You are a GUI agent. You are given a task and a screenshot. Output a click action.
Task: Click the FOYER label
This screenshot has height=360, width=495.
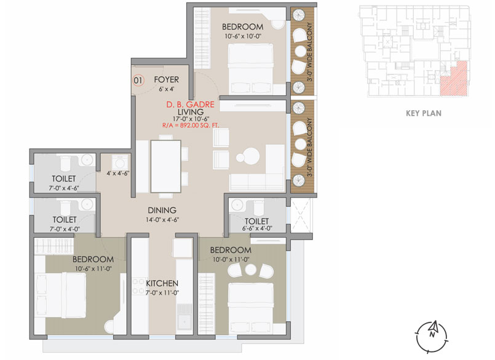pos(166,79)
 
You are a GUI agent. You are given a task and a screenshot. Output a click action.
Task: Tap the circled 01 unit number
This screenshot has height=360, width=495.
pos(138,79)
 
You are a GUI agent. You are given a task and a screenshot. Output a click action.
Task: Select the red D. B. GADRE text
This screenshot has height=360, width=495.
pos(189,105)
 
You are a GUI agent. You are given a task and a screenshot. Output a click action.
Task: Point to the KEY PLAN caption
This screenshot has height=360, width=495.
pos(424,113)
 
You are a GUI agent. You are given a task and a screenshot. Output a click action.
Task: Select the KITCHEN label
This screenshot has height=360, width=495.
pos(162,283)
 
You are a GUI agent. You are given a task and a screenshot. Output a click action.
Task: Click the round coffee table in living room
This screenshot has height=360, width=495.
pos(251,154)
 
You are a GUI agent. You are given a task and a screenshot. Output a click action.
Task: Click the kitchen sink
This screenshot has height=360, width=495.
pos(183,322)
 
